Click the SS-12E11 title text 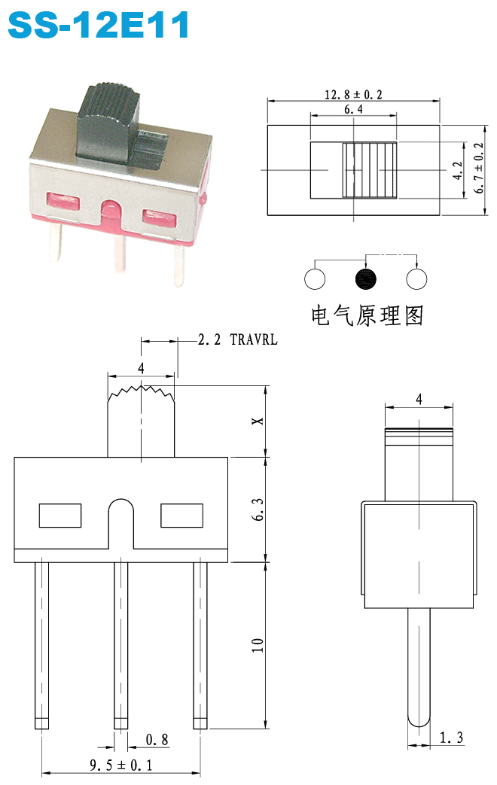coord(99,24)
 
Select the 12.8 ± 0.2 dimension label coord(353,94)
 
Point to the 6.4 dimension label coord(353,109)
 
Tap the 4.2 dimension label coord(457,171)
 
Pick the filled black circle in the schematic coord(365,279)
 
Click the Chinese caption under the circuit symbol coord(367,315)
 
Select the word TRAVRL coord(254,339)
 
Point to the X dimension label coord(258,421)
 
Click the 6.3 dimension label coord(258,510)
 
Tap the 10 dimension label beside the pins coord(258,645)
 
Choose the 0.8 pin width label coord(157,739)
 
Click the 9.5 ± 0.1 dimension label coord(120,765)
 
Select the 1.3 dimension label coord(451,738)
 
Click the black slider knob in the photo coord(108,122)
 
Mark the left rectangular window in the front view coord(60,516)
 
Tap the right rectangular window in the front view coord(182,516)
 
